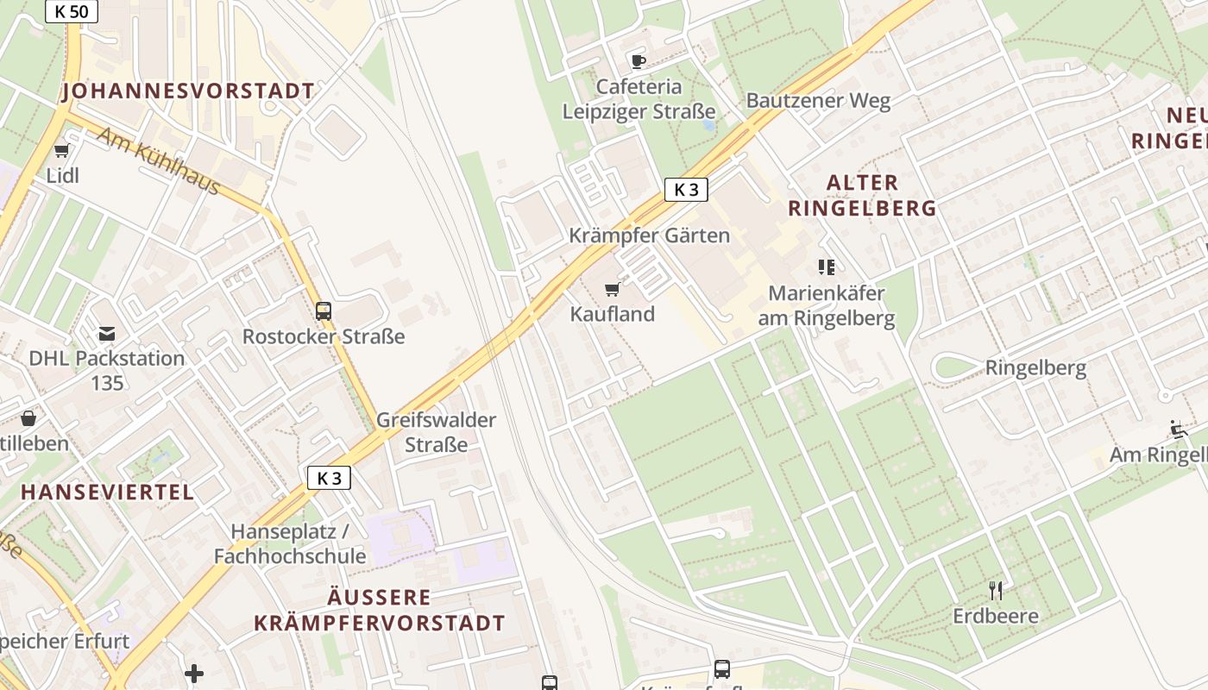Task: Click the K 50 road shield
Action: [71, 11]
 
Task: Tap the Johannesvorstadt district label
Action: [188, 91]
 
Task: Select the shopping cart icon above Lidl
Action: [61, 152]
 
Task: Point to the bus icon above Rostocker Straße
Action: [324, 311]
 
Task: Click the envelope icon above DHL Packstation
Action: [107, 334]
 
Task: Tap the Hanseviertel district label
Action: [108, 492]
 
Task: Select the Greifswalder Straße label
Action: [436, 432]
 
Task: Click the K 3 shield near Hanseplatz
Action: [329, 478]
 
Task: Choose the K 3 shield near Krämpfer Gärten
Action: [686, 190]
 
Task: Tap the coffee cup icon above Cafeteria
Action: [638, 61]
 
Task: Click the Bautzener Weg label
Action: [818, 100]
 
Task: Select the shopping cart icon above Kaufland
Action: [613, 289]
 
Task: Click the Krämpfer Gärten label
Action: [649, 235]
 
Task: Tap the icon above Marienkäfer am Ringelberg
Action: [827, 267]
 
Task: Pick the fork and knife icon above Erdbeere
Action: [996, 591]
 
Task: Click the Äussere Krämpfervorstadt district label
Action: [379, 610]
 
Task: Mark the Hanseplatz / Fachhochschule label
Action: [290, 543]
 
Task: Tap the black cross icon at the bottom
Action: [194, 673]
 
